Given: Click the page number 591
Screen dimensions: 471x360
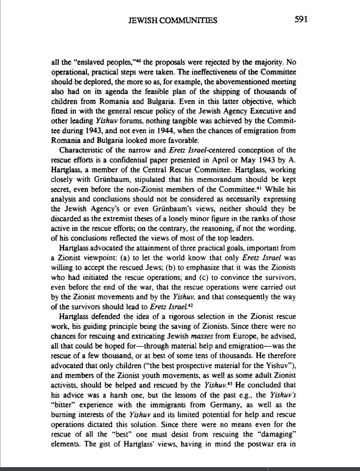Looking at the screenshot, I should pyautogui.click(x=301, y=19).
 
